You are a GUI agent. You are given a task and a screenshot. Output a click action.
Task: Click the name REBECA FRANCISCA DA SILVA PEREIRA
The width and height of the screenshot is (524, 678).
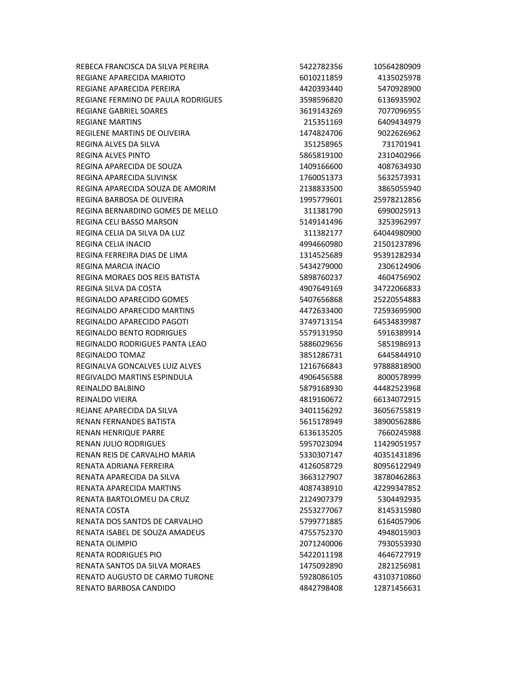142,67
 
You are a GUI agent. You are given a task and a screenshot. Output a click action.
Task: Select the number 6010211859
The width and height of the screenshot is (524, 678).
321,78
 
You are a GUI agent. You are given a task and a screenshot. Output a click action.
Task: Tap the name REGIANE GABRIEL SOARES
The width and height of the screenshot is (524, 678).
122,111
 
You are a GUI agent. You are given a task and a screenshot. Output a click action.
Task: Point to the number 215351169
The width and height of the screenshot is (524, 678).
323,122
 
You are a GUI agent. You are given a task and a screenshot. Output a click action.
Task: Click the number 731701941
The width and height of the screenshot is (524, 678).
401,144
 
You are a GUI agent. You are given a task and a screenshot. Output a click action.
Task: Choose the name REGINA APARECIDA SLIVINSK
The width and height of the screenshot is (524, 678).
127,178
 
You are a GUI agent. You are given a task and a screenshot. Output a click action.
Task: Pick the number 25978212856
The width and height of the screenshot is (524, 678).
397,200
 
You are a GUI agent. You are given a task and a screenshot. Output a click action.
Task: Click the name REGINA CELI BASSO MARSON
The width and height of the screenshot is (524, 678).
127,222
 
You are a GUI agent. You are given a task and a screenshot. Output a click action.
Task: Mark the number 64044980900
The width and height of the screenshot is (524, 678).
397,233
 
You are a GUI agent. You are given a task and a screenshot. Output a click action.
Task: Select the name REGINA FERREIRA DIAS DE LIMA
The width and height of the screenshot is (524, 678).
132,255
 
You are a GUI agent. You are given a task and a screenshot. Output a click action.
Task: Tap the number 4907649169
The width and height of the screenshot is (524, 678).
321,288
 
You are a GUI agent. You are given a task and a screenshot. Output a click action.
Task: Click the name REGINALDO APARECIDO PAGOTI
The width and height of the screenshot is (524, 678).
132,322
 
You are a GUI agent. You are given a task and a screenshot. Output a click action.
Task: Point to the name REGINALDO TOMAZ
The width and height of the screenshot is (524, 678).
111,355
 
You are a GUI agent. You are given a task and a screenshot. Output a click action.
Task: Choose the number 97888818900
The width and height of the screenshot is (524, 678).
397,366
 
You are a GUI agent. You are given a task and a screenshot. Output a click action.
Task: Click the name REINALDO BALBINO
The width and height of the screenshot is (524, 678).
111,388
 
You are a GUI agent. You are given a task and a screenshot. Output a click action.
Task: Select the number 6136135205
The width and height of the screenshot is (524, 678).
321,433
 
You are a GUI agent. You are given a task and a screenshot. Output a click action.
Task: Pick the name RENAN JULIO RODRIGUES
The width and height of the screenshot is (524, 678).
121,443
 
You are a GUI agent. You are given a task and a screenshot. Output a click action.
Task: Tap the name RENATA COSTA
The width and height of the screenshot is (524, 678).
103,510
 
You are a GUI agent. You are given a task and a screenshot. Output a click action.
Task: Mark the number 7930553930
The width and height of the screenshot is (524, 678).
399,544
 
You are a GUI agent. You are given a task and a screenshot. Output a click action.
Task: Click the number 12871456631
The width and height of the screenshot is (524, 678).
397,588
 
